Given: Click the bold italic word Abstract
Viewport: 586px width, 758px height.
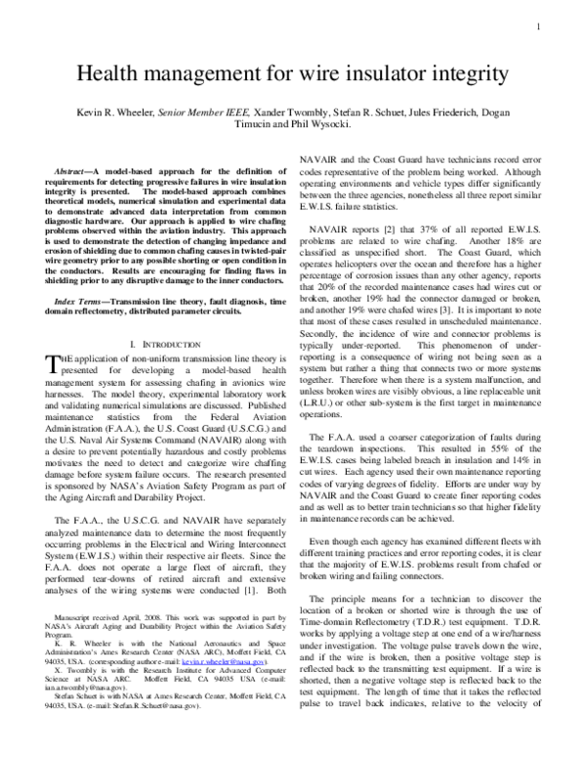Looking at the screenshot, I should (76, 173).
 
